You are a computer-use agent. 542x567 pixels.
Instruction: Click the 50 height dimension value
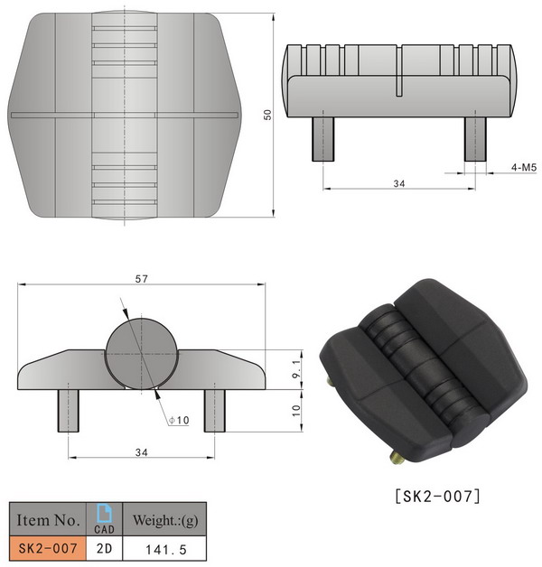[x=266, y=115]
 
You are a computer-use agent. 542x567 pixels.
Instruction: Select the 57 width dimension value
[x=141, y=279]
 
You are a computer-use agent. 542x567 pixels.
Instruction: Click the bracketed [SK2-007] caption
[x=438, y=495]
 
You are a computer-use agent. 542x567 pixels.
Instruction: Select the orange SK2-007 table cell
[x=47, y=547]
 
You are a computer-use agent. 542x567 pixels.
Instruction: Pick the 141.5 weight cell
[x=164, y=547]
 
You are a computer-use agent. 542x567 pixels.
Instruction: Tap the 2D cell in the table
[x=104, y=547]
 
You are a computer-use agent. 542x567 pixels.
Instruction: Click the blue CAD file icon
[x=104, y=512]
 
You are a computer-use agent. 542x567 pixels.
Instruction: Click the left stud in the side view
[x=324, y=137]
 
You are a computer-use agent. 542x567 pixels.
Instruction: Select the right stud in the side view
[x=476, y=137]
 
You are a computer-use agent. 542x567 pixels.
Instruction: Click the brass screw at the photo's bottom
[x=397, y=459]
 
